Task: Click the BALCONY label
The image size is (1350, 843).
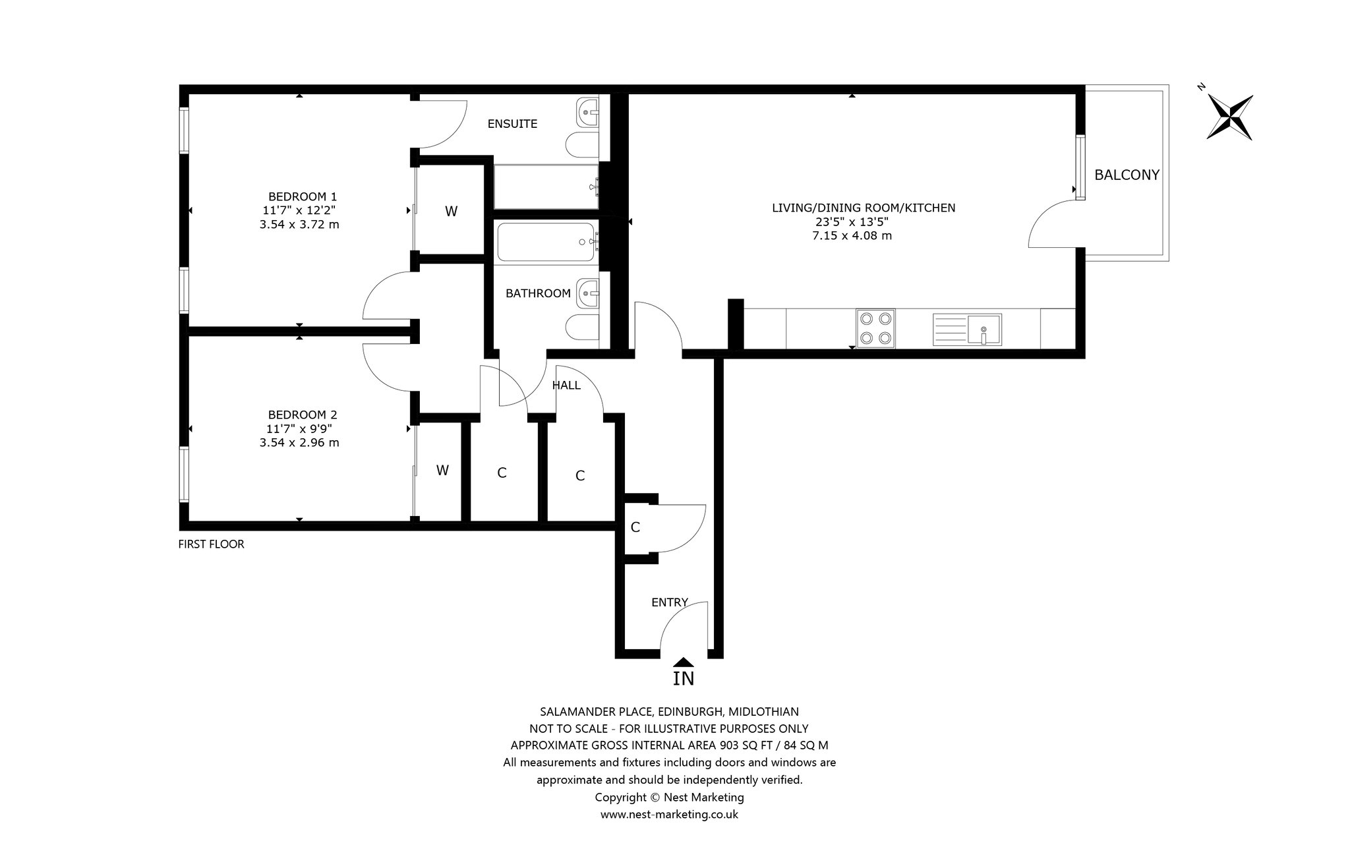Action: pos(1127,175)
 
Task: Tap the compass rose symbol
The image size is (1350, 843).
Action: pos(1229,117)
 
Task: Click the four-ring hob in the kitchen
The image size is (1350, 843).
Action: pos(875,328)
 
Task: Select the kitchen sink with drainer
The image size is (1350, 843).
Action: pos(967,330)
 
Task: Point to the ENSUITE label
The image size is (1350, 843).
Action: pos(512,124)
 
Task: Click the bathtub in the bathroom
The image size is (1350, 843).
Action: pos(548,243)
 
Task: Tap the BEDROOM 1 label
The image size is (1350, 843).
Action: pos(303,196)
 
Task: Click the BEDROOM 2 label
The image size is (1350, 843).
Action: pos(303,415)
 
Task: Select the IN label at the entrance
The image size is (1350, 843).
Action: pos(684,678)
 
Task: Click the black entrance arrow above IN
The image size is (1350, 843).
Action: pos(684,662)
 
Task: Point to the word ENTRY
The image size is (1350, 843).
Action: pos(670,602)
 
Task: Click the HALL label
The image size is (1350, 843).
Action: pos(566,386)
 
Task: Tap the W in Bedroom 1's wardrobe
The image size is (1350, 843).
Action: pos(451,212)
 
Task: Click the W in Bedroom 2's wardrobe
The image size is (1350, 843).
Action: pos(442,471)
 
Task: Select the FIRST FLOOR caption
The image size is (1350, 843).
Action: pos(211,544)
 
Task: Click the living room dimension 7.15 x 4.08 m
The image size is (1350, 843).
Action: pos(852,235)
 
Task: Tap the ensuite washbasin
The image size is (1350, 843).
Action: pos(587,113)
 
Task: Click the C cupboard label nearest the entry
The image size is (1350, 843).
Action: pos(635,527)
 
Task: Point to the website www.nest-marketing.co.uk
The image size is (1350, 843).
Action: pos(669,815)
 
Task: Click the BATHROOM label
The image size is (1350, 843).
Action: pos(538,293)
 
